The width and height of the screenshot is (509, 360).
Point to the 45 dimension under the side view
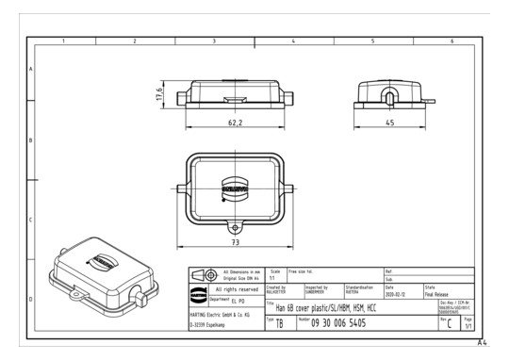click(x=388, y=122)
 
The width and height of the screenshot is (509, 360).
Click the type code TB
click(x=279, y=323)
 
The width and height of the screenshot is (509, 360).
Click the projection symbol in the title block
click(x=204, y=275)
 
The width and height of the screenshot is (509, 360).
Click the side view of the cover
click(x=388, y=95)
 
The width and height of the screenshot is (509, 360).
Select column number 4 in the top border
click(x=294, y=41)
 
